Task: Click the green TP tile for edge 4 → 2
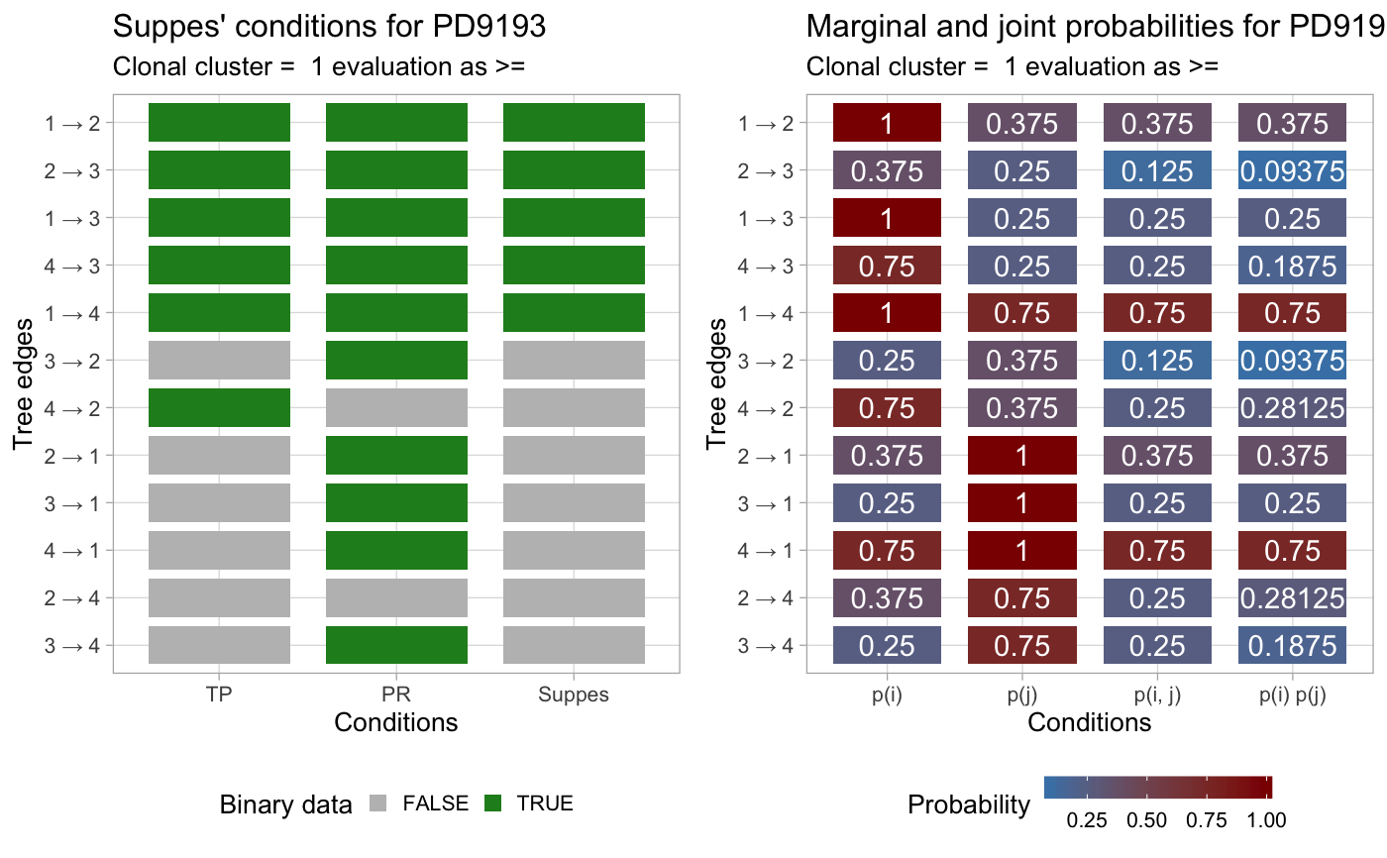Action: tap(219, 407)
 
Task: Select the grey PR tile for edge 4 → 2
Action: tap(396, 407)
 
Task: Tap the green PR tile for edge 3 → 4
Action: tap(396, 645)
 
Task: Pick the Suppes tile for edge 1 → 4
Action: tap(574, 312)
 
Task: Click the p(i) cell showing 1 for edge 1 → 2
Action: tap(887, 123)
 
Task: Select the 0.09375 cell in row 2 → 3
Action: tap(1292, 170)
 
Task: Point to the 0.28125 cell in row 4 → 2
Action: tap(1292, 407)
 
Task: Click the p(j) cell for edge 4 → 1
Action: tap(1021, 550)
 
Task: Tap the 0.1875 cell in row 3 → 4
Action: tap(1292, 645)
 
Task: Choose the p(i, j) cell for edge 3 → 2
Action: tap(1157, 360)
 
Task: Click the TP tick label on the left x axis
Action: tap(219, 695)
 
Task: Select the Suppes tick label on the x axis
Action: tap(574, 695)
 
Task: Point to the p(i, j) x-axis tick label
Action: tap(1157, 695)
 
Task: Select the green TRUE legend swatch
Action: tap(494, 804)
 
